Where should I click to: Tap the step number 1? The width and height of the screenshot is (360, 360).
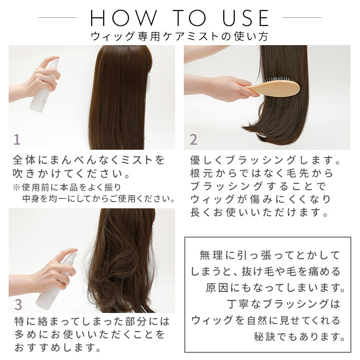[x=17, y=139]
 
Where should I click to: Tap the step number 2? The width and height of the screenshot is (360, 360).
[x=193, y=139]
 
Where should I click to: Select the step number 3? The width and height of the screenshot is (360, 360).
[x=18, y=304]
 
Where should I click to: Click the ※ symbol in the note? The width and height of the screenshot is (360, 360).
[x=16, y=188]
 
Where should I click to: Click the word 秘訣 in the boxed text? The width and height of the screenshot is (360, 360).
[x=264, y=337]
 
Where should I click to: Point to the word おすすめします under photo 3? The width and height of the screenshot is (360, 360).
[x=58, y=348]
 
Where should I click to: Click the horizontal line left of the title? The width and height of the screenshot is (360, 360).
[x=57, y=17]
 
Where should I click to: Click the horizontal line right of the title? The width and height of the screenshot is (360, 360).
[x=302, y=17]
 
